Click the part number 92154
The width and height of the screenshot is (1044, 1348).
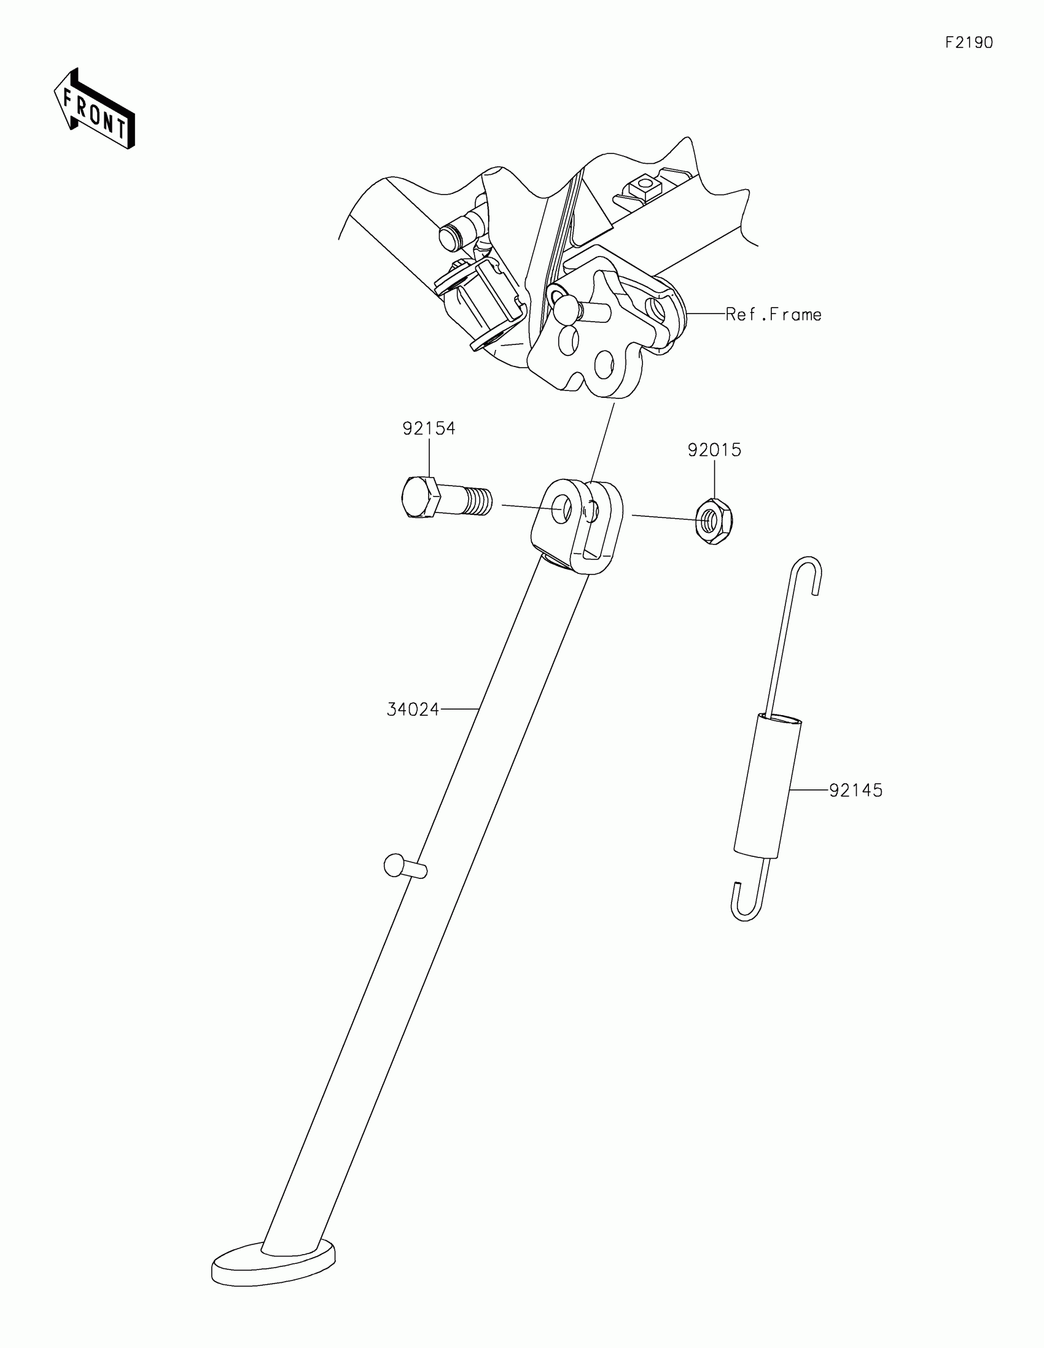pyautogui.click(x=429, y=428)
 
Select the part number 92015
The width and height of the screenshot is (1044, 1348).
pyautogui.click(x=714, y=450)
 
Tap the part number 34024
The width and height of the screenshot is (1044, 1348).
pyautogui.click(x=413, y=710)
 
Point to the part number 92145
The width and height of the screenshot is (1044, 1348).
pyautogui.click(x=855, y=790)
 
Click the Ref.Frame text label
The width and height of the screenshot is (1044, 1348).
pyautogui.click(x=773, y=315)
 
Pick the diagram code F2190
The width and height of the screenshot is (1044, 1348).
pyautogui.click(x=968, y=42)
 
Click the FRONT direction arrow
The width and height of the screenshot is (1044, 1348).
pyautogui.click(x=95, y=109)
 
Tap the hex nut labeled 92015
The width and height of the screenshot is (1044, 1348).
pyautogui.click(x=714, y=522)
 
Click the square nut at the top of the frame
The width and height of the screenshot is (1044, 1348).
pyautogui.click(x=645, y=184)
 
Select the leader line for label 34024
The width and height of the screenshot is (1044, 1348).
pyautogui.click(x=459, y=710)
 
